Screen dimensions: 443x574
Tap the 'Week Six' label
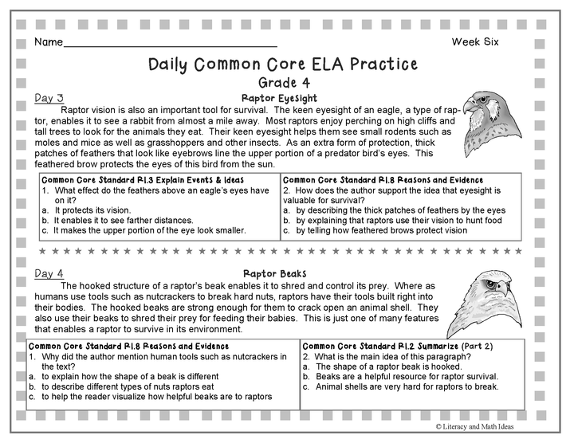tap(475, 41)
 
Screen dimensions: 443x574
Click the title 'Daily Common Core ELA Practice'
tap(283, 64)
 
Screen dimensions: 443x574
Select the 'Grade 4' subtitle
tap(284, 82)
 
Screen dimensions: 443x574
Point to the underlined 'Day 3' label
tap(49, 98)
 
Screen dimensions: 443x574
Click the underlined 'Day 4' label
tap(49, 273)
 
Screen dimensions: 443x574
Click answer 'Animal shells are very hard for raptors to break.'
tap(407, 386)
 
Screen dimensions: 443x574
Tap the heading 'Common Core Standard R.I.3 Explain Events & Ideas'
tap(136, 180)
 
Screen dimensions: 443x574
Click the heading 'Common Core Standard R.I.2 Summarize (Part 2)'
tap(385, 347)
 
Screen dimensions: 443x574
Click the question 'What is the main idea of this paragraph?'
tap(391, 357)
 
